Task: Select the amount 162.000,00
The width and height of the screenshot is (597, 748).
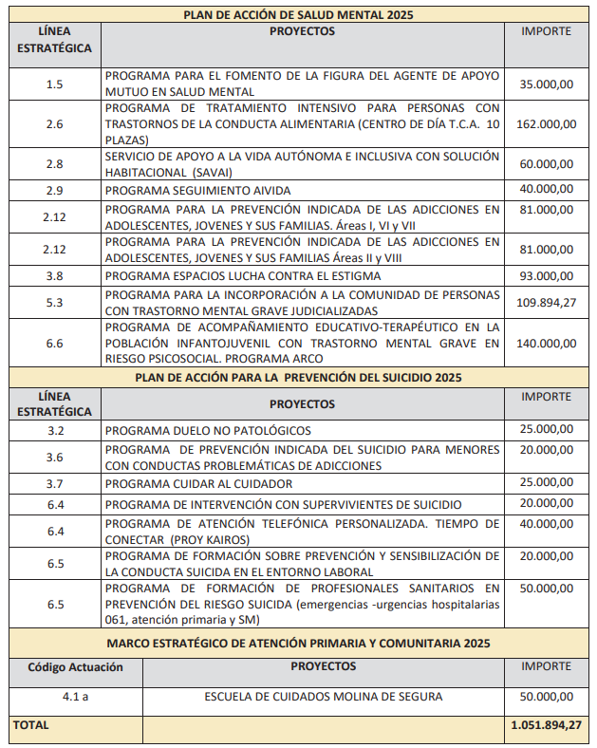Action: [x=546, y=124]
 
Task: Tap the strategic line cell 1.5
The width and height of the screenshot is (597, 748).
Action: [x=54, y=84]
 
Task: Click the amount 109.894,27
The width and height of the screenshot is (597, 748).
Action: [x=546, y=303]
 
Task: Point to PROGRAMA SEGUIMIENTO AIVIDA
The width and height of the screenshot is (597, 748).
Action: [x=198, y=190]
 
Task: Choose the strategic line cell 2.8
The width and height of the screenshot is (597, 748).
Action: [x=54, y=164]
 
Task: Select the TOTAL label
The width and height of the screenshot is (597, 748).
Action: [x=30, y=725]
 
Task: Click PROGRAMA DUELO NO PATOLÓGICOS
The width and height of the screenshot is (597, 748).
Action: [x=208, y=430]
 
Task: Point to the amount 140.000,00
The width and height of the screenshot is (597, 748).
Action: [x=546, y=344]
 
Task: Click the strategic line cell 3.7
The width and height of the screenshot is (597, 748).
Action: [x=54, y=484]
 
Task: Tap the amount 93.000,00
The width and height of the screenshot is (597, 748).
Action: [x=546, y=276]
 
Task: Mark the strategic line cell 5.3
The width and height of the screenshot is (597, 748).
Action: [x=54, y=303]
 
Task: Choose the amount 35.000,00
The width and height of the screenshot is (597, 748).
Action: [x=546, y=84]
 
